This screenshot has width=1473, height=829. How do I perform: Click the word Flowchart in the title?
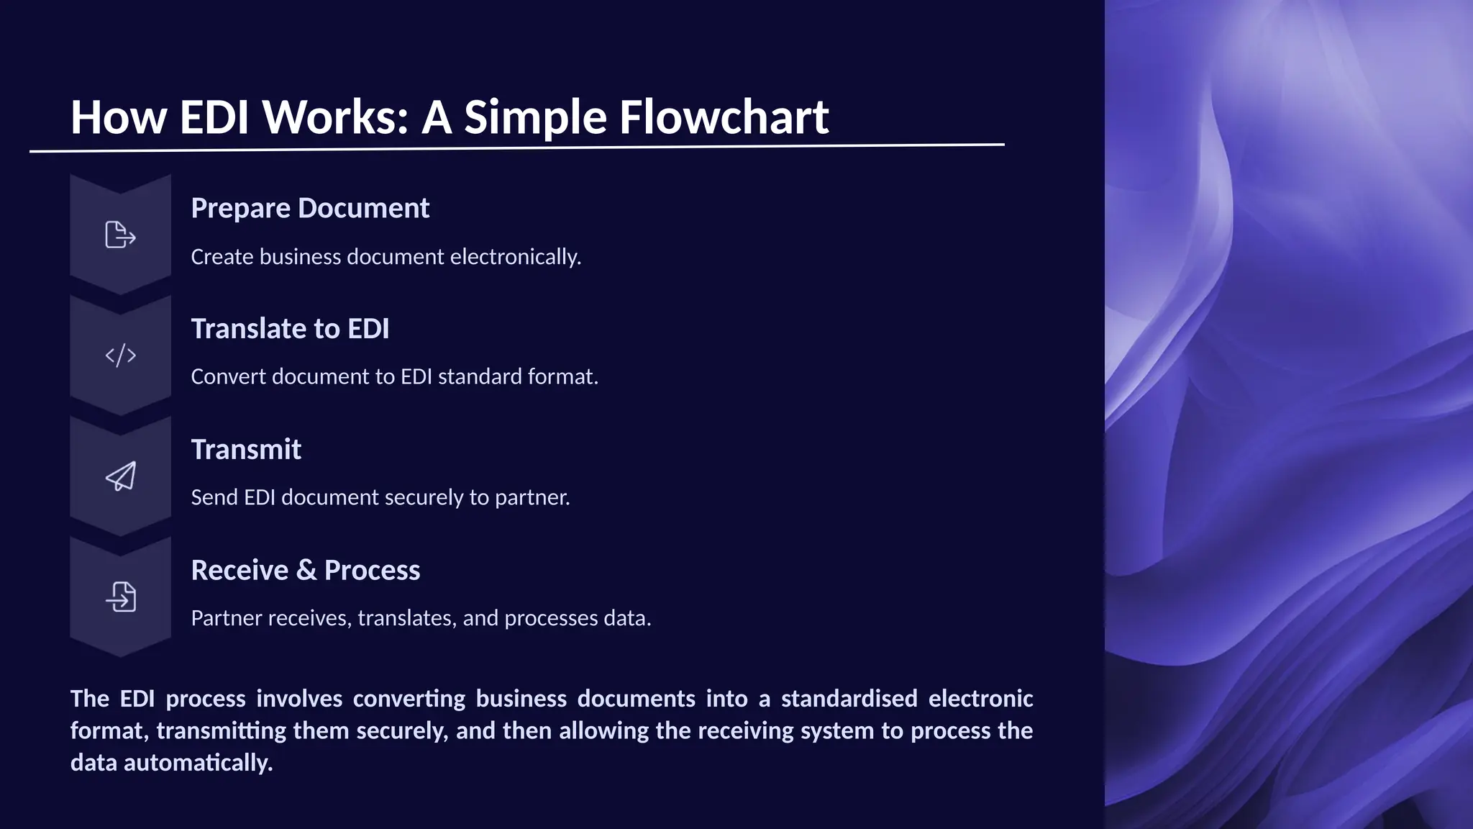pyautogui.click(x=724, y=117)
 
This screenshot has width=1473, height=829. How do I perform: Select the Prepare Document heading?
pyautogui.click(x=310, y=208)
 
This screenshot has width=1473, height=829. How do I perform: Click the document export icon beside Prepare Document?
pyautogui.click(x=120, y=235)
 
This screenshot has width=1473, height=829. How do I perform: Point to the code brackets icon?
pyautogui.click(x=120, y=355)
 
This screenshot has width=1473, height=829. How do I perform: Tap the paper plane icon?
pyautogui.click(x=120, y=476)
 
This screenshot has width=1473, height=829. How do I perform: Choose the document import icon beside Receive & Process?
pyautogui.click(x=120, y=597)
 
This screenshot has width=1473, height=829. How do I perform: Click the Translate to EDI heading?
pyautogui.click(x=290, y=329)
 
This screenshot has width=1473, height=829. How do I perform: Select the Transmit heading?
pyautogui.click(x=246, y=450)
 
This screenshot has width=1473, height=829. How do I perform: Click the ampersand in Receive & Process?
pyautogui.click(x=306, y=571)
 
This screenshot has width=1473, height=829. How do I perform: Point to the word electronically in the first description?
pyautogui.click(x=515, y=257)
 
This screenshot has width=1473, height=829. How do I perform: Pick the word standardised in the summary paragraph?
pyautogui.click(x=849, y=699)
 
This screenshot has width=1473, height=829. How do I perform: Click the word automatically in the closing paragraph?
pyautogui.click(x=198, y=763)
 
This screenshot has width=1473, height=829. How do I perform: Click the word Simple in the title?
pyautogui.click(x=535, y=117)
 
